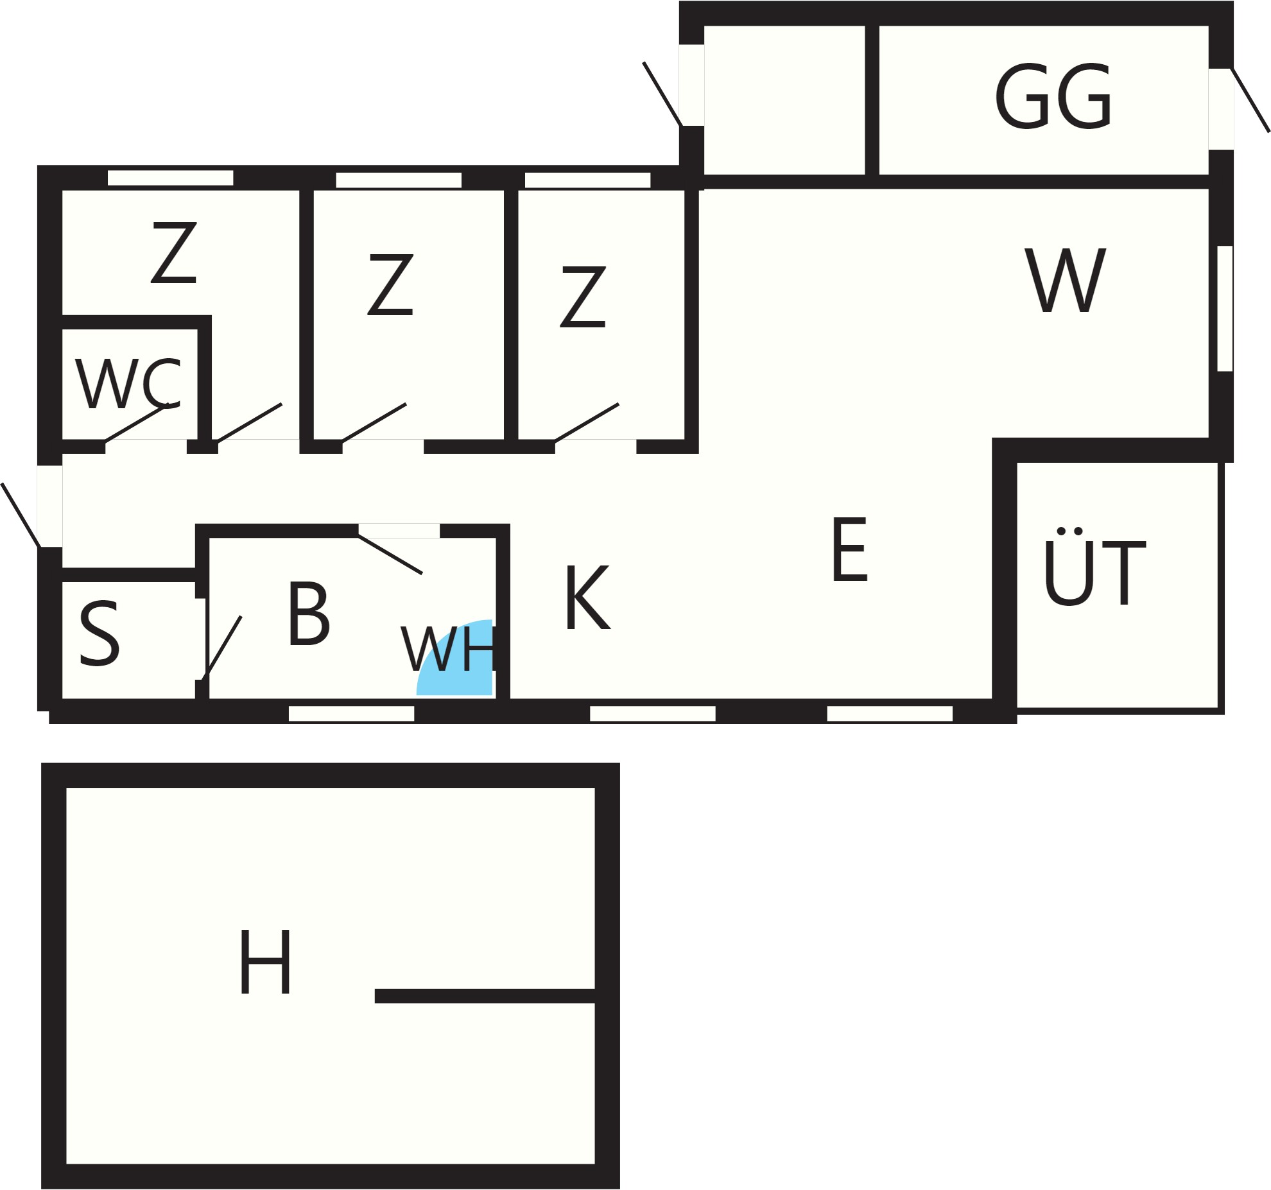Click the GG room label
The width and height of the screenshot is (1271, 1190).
click(1053, 96)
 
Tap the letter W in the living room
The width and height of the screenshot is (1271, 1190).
click(1066, 280)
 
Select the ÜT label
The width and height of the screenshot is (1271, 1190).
click(1094, 567)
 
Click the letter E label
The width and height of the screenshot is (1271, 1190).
click(850, 549)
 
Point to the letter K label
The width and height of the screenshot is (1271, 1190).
click(587, 598)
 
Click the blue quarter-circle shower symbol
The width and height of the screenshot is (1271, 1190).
click(454, 657)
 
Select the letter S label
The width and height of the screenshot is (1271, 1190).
click(99, 634)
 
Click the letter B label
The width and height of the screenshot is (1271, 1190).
click(309, 614)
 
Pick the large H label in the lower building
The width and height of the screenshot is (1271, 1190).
click(265, 962)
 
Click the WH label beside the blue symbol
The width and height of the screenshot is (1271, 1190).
click(448, 648)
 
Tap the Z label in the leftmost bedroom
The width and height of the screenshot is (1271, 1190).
click(173, 252)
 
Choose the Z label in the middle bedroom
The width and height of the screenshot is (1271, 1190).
click(390, 284)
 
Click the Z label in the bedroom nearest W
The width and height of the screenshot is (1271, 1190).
click(583, 297)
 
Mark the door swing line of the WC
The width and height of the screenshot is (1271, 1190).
click(135, 423)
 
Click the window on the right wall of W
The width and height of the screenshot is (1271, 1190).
click(1225, 308)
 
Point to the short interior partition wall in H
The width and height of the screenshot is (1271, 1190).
click(485, 996)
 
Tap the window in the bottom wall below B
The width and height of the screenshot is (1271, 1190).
click(351, 713)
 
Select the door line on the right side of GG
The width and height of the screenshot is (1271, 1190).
click(1250, 99)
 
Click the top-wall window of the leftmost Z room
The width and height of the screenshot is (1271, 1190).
click(170, 178)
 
